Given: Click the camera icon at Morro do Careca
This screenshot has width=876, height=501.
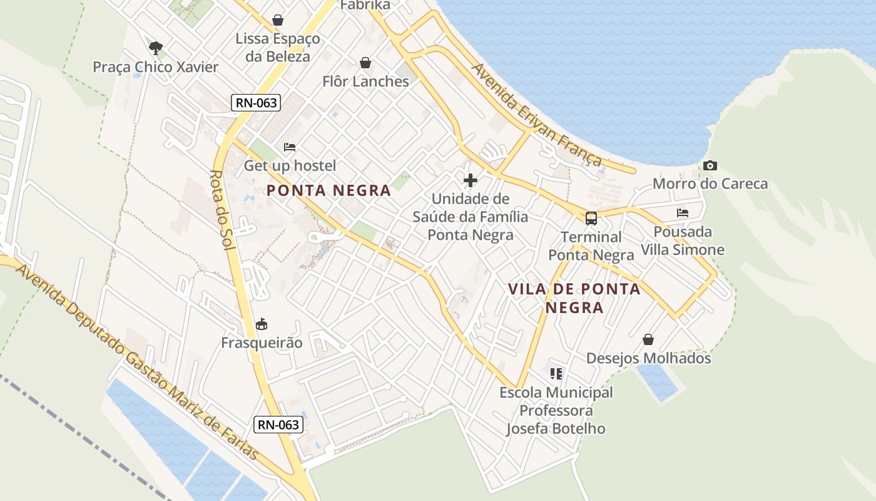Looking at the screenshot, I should (710, 166).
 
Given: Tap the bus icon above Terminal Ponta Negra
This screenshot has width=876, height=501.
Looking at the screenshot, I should (591, 219).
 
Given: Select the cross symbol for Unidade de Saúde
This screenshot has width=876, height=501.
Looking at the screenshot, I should (471, 181).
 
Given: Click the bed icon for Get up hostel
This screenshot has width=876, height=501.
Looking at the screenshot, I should (290, 147).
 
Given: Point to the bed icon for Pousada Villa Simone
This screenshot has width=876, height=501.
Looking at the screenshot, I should (683, 213).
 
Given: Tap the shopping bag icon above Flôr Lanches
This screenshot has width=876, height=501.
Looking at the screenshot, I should (365, 63).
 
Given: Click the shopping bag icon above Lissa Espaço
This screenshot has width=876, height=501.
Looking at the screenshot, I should (278, 21).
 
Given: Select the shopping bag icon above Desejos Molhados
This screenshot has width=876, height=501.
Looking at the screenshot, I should (648, 339).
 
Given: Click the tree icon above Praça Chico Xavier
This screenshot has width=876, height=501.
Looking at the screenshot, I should (156, 48).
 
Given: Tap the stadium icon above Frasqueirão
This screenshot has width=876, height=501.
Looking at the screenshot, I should (262, 324).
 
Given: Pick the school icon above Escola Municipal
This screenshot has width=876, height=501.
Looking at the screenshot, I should (556, 374).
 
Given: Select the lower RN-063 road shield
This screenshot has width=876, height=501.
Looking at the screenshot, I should (279, 425).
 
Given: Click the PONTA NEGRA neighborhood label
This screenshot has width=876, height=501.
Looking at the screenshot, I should (328, 190).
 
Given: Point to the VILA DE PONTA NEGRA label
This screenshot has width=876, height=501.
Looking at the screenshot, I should (574, 298).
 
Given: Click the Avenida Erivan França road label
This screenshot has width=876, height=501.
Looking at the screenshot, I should (537, 115).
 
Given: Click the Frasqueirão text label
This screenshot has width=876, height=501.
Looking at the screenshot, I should (262, 343).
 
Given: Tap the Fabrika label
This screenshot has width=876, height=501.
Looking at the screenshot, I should (365, 6).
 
